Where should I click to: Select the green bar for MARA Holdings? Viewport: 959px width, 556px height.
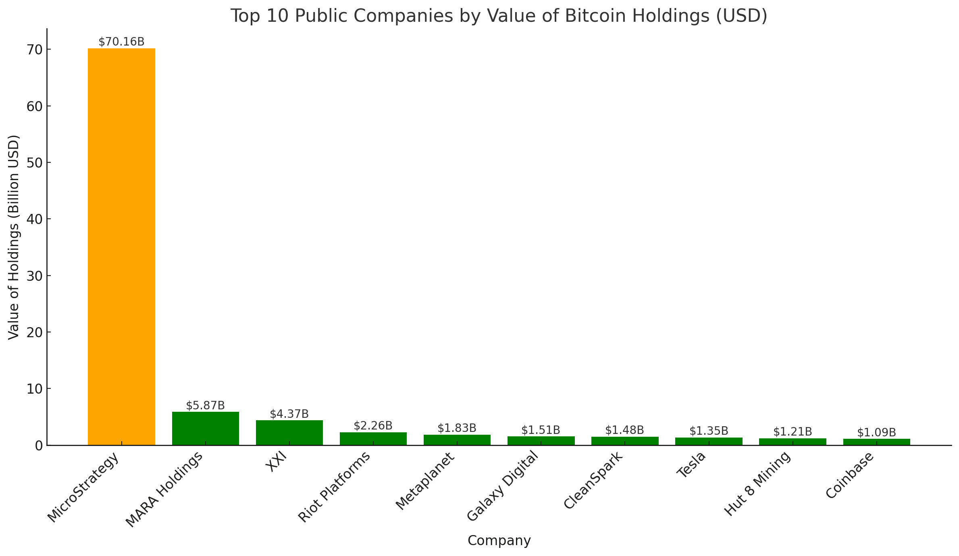coord(205,428)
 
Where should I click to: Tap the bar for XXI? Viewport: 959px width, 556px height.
coord(289,432)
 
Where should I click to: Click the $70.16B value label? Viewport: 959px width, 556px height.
coord(121,42)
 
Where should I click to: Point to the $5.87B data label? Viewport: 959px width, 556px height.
coord(205,405)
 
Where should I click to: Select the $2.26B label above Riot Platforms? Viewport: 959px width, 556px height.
coord(373,425)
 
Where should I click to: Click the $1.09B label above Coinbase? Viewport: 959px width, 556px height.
coord(876,432)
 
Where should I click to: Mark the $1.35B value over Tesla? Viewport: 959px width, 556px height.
coord(709,431)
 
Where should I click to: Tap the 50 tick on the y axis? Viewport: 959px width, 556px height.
coord(34,163)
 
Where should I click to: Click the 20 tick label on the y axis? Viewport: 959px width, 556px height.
coord(34,332)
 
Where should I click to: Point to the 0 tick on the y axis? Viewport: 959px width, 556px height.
coord(39,446)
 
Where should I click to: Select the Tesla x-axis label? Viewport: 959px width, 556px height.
coord(692,465)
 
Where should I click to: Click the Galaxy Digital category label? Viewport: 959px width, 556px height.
coord(502,486)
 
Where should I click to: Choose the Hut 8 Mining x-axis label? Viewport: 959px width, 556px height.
coord(757,483)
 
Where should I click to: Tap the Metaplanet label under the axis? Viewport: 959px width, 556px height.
coord(425,481)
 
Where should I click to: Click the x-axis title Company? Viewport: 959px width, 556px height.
coord(499,541)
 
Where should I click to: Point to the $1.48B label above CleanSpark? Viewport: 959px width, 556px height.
coord(624,430)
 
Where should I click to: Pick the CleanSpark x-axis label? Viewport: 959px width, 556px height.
coord(593,481)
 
